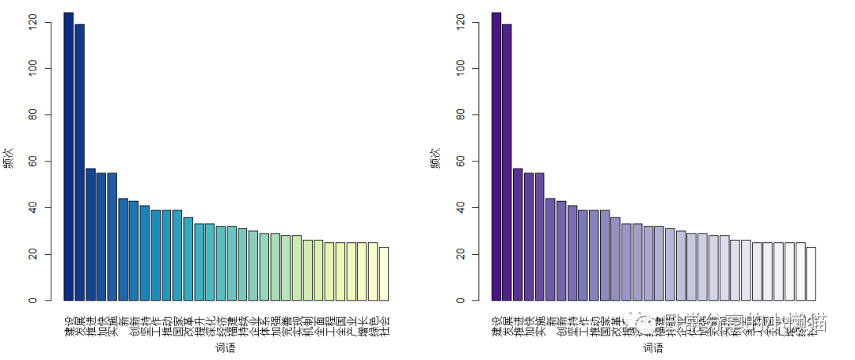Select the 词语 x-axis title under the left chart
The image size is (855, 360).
click(226, 348)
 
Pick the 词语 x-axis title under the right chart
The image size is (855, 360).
click(653, 348)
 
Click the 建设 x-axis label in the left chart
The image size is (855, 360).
click(69, 324)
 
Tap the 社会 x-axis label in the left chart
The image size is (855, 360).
click(384, 324)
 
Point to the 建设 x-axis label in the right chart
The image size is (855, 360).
click(496, 324)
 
